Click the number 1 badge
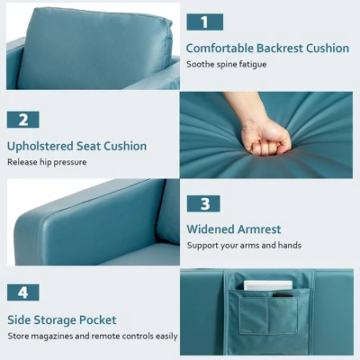(x=204, y=22)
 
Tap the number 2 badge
(x=23, y=120)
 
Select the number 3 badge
(x=204, y=203)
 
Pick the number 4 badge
(x=23, y=292)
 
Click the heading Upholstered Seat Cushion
(x=76, y=146)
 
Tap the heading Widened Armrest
(x=234, y=229)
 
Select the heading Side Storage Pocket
(x=62, y=319)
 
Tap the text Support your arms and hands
(x=244, y=245)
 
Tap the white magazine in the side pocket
(x=267, y=287)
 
